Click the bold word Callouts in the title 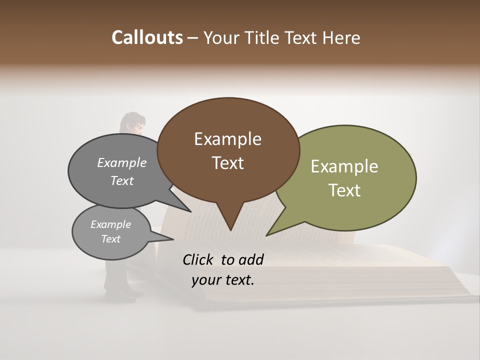tap(147, 37)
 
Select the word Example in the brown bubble tap(227, 139)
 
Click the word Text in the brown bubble tap(227, 163)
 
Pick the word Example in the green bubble tap(344, 166)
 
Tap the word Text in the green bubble tap(344, 190)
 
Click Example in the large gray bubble tap(122, 162)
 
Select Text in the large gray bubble tap(122, 180)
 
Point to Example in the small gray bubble tap(110, 224)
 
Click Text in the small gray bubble tap(110, 239)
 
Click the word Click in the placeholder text tap(198, 259)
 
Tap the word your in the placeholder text tap(205, 279)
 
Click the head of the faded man tap(132, 122)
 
